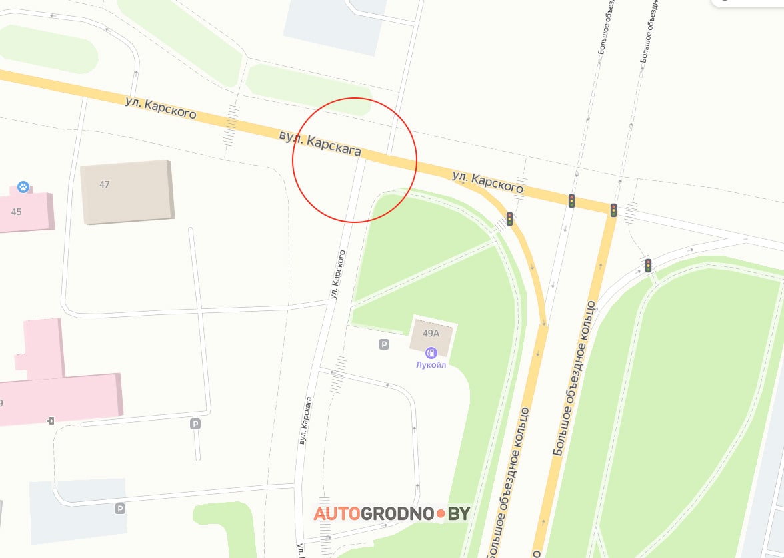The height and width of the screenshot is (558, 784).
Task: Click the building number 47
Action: [105, 184]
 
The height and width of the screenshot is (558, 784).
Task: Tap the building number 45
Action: [17, 212]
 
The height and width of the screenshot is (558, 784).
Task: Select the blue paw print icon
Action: [23, 187]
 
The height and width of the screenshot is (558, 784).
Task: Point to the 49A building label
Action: [431, 333]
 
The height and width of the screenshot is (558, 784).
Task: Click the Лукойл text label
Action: [431, 365]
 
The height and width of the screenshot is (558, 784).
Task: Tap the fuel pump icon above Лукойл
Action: [431, 353]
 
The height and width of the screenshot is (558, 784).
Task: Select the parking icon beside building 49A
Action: [384, 344]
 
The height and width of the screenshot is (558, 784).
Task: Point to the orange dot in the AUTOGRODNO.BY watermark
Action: [441, 514]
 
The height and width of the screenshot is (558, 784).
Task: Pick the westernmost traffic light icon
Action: [509, 218]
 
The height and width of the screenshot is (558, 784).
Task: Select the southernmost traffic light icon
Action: [647, 265]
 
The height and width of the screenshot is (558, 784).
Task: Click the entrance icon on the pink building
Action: [51, 421]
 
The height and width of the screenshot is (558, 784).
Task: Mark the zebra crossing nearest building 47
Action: [231, 124]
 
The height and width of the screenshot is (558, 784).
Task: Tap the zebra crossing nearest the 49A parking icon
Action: [340, 373]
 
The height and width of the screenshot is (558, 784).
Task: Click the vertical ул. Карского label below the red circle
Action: [337, 274]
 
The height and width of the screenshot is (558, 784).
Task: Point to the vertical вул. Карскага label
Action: [305, 421]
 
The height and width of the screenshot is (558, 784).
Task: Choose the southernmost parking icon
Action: [120, 509]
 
